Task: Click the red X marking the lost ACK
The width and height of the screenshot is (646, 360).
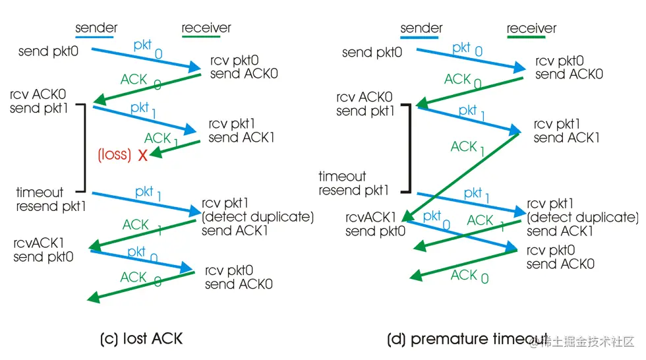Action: click(142, 156)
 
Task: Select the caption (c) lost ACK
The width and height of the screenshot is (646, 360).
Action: click(140, 340)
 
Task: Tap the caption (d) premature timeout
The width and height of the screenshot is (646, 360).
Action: click(467, 340)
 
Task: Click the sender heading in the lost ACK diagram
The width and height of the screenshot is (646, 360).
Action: click(96, 28)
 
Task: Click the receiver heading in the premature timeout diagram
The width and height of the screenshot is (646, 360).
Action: click(531, 28)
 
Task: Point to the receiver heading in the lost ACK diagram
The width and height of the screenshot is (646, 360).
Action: click(206, 28)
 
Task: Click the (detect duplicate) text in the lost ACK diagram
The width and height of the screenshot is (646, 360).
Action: click(258, 217)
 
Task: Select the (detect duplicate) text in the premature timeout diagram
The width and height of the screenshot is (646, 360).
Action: click(583, 218)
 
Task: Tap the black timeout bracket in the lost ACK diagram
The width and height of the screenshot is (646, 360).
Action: click(84, 146)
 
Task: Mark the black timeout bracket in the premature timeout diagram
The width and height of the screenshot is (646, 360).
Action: click(409, 146)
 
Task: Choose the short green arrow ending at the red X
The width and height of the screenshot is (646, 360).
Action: click(175, 148)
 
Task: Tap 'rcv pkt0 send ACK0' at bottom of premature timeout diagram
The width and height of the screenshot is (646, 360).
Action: click(560, 258)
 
